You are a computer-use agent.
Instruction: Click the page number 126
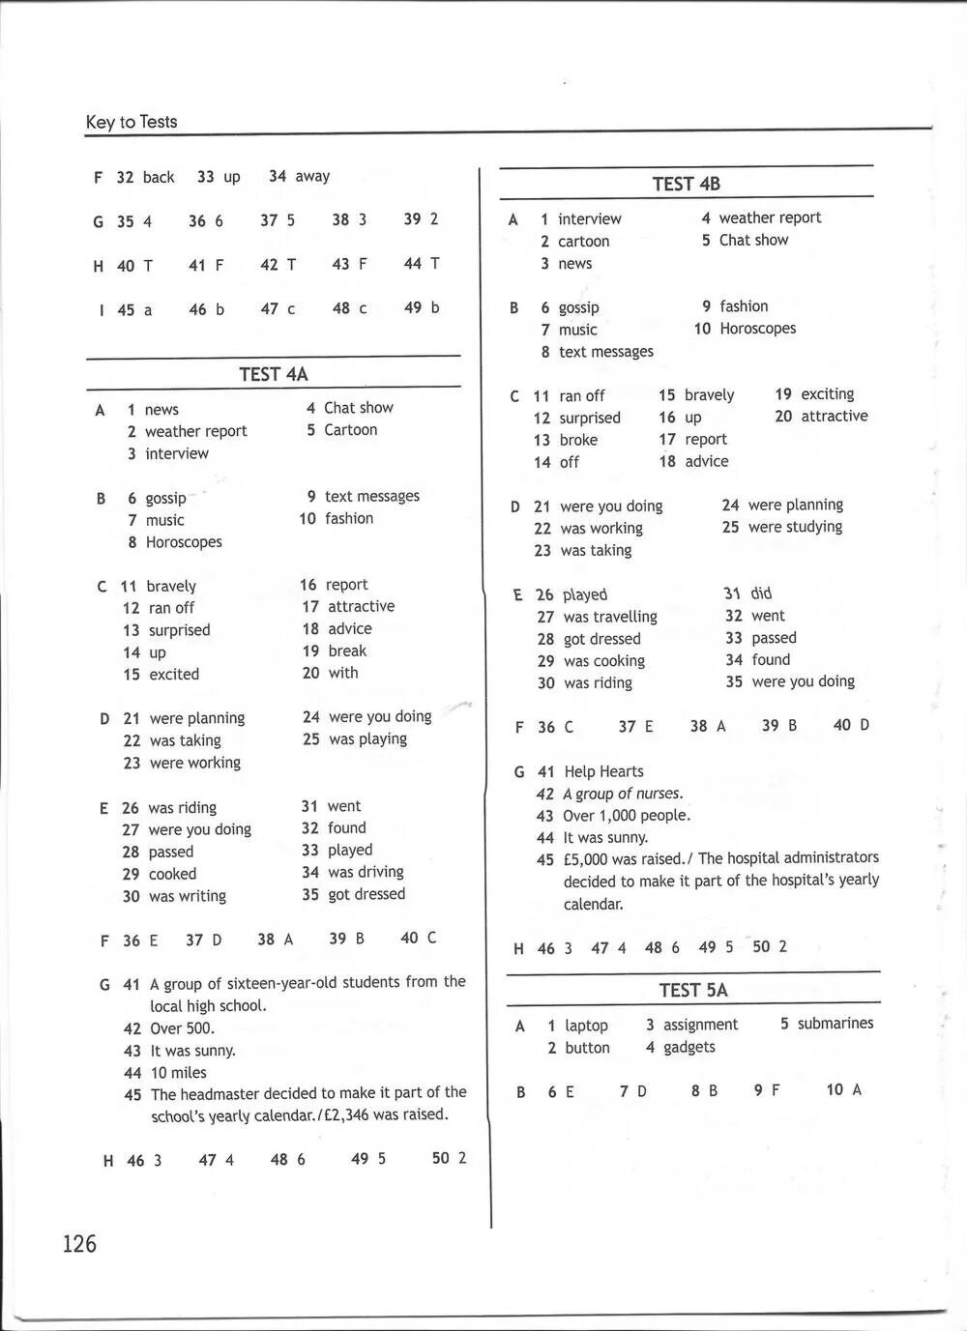point(79,1243)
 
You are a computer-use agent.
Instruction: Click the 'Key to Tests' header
point(132,122)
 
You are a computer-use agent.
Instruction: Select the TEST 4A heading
point(274,374)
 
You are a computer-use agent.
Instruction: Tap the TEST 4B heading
point(686,184)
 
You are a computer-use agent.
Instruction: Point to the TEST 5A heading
point(693,990)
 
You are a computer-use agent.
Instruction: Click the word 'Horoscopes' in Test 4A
point(184,542)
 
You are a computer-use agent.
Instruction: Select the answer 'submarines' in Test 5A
point(835,1023)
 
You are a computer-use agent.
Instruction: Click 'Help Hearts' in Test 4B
point(603,771)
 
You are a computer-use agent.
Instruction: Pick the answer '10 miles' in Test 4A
point(178,1072)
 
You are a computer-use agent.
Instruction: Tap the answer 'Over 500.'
point(182,1028)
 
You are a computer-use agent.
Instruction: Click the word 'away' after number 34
point(312,176)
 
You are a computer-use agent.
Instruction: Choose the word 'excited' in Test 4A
point(174,675)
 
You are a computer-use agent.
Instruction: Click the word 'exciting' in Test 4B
point(828,394)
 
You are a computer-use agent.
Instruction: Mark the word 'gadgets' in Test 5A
point(689,1047)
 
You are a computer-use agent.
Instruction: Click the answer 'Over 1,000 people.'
point(627,816)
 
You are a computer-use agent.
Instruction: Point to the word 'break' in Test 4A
point(347,651)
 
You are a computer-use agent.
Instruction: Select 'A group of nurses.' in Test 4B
point(623,794)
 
